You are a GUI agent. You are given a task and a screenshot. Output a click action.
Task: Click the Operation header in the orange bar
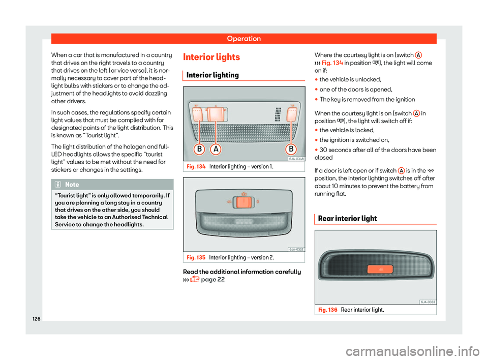tap(243, 39)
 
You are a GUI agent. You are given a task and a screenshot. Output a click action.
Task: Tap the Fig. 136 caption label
tap(325, 309)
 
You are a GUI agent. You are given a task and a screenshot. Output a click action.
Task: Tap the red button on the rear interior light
tap(379, 270)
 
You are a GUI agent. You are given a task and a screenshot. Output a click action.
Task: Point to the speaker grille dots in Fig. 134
tap(277, 115)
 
